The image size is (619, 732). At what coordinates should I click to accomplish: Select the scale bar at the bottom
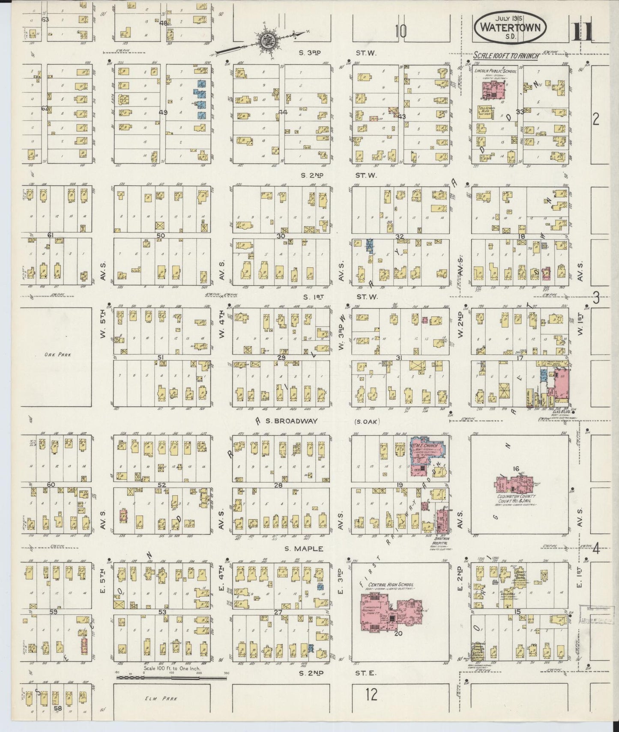pyautogui.click(x=171, y=677)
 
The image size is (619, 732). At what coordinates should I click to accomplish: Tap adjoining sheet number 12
pyautogui.click(x=371, y=694)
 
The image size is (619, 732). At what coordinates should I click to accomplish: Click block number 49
pyautogui.click(x=163, y=113)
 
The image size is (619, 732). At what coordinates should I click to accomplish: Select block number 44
pyautogui.click(x=282, y=113)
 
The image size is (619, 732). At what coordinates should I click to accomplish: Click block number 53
pyautogui.click(x=162, y=612)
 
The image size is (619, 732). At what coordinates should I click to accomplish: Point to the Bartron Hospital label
pyautogui.click(x=443, y=539)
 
